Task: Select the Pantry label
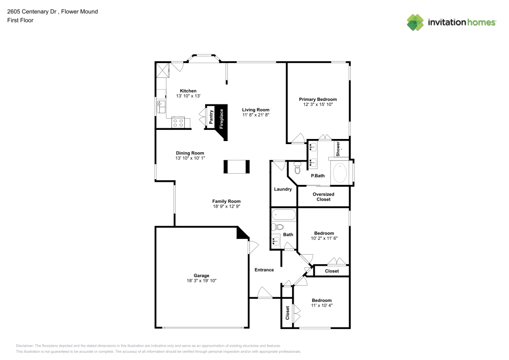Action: pyautogui.click(x=211, y=117)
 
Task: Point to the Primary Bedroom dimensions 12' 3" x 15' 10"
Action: pyautogui.click(x=318, y=104)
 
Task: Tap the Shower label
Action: pyautogui.click(x=337, y=148)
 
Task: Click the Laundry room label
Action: pyautogui.click(x=283, y=189)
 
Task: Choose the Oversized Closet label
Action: pyautogui.click(x=323, y=197)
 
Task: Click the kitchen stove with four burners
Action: pyautogui.click(x=178, y=122)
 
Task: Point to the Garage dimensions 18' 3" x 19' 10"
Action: pyautogui.click(x=202, y=281)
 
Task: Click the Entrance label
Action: pyautogui.click(x=264, y=270)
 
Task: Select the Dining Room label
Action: pyautogui.click(x=190, y=153)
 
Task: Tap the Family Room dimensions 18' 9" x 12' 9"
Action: pyautogui.click(x=227, y=207)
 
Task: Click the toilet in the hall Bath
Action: pyautogui.click(x=277, y=227)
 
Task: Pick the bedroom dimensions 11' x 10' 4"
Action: pyautogui.click(x=322, y=306)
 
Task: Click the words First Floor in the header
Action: pyautogui.click(x=20, y=20)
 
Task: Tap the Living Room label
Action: pyautogui.click(x=256, y=109)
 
